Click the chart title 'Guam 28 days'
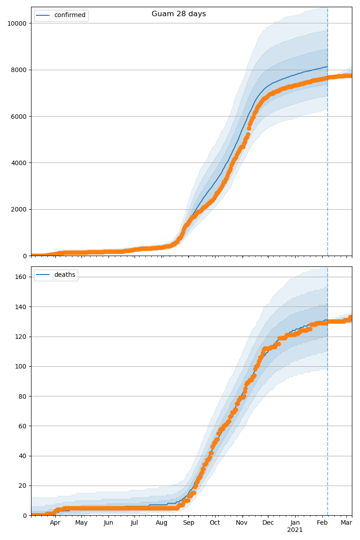179,14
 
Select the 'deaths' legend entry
64,275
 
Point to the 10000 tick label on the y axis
17,23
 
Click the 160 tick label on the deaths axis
20,277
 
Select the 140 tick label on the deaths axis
20,306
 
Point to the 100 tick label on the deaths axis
20,366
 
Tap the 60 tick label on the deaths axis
22,426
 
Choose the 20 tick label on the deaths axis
22,486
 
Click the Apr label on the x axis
55,523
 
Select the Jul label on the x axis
134,523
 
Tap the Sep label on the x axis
189,523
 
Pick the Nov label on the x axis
242,523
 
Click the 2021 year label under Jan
295,530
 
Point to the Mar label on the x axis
346,523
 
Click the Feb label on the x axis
322,523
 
